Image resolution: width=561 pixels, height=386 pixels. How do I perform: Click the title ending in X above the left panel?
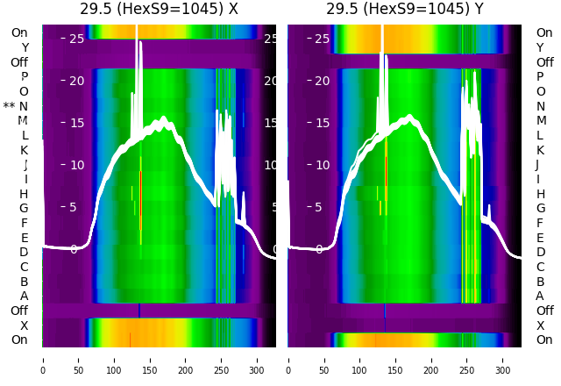click(x=159, y=10)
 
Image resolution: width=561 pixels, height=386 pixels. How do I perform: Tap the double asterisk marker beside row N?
click(x=10, y=106)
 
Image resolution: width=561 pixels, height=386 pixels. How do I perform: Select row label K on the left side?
click(x=25, y=150)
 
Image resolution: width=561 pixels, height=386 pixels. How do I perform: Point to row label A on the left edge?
click(x=25, y=296)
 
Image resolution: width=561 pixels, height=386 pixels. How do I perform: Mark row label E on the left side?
click(x=25, y=238)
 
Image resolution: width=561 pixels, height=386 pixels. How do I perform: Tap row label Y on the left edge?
click(x=25, y=47)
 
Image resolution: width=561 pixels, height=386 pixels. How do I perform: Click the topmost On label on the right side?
click(x=544, y=32)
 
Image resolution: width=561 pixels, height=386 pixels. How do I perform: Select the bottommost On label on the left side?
click(x=19, y=340)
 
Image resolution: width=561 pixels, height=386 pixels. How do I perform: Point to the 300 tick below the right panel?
click(x=503, y=359)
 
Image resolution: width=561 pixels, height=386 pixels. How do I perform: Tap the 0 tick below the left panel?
click(x=43, y=359)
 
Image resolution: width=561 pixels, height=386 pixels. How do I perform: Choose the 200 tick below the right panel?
click(x=431, y=359)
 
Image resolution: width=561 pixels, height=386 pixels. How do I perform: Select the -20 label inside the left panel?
click(x=75, y=81)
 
